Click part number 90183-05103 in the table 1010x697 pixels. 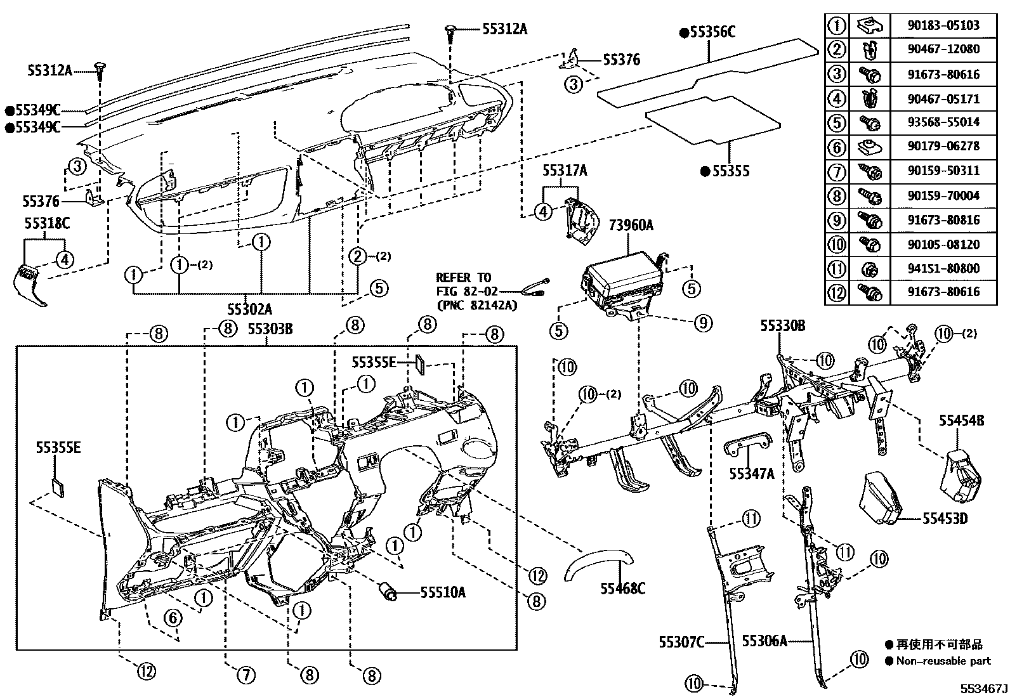943,25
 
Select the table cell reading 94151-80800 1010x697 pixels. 943,268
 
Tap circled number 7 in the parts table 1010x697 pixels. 837,171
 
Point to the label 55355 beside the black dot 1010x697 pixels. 730,171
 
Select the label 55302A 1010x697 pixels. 250,309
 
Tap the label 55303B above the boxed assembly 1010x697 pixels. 270,329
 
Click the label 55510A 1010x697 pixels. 443,592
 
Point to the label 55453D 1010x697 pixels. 945,519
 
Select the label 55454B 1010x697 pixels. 962,420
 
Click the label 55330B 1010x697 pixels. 782,326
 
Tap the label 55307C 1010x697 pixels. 681,642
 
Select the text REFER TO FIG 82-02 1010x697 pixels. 463,285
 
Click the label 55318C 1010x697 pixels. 47,223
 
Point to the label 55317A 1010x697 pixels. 564,171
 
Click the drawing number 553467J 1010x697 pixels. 983,688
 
